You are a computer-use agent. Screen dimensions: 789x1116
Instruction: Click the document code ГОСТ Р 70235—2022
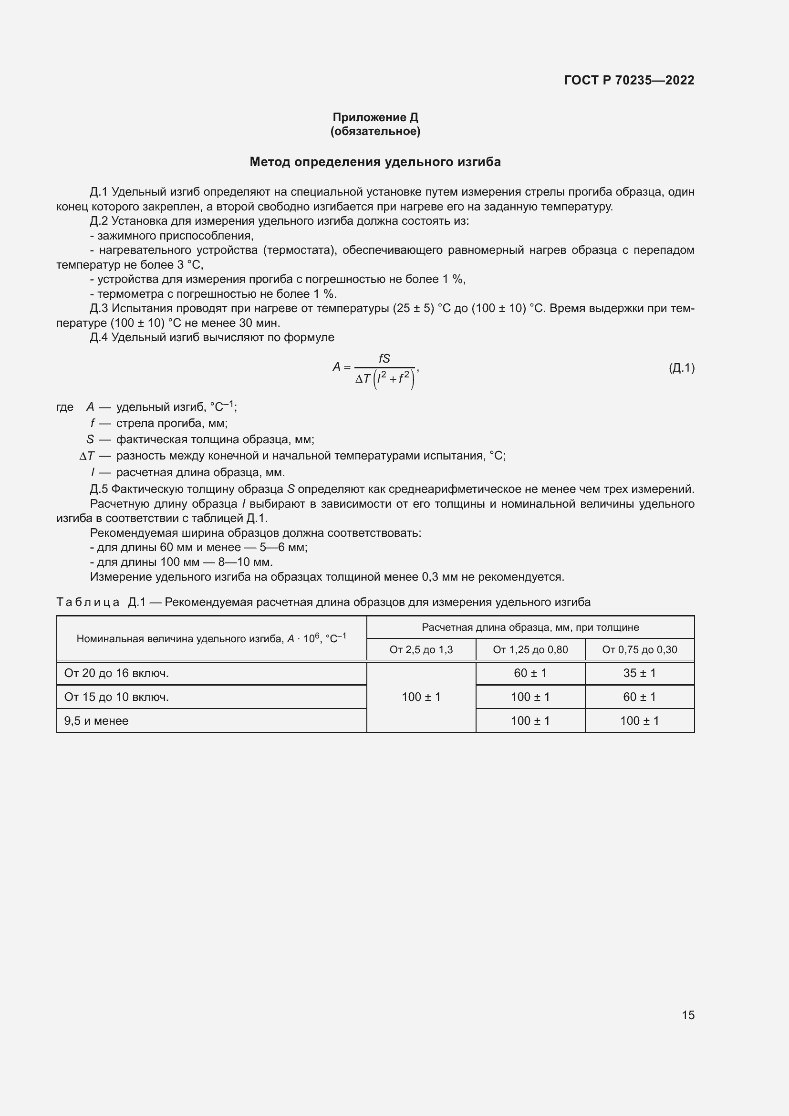pos(629,80)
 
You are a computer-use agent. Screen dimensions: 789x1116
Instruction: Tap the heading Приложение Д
pos(375,117)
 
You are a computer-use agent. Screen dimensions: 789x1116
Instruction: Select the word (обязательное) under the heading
pos(375,131)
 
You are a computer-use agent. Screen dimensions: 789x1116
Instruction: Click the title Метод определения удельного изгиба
pos(375,162)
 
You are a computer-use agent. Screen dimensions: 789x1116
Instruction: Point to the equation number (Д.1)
pos(681,367)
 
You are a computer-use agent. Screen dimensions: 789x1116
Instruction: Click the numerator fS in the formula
pos(384,358)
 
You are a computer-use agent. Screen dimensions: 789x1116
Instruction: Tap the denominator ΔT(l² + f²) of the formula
pos(385,379)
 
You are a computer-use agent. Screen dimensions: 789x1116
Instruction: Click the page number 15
pos(688,1015)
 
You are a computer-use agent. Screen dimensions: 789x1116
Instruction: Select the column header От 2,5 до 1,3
pos(421,649)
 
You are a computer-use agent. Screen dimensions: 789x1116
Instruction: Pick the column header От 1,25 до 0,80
pos(530,649)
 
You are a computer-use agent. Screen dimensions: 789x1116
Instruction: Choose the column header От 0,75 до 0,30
pos(639,649)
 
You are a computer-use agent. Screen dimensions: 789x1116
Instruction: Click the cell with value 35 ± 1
pos(639,673)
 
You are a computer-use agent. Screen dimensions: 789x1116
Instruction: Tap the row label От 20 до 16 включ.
pos(116,673)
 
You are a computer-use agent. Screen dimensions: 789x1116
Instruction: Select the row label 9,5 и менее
pos(96,721)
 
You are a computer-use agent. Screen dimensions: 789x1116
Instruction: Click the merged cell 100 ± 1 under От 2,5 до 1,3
pos(421,697)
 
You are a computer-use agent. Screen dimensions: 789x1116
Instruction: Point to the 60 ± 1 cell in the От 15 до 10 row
pos(639,697)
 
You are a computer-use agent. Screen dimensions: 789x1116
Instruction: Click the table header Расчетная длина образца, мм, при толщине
pos(530,627)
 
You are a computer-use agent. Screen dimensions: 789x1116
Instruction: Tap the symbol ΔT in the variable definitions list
pos(87,456)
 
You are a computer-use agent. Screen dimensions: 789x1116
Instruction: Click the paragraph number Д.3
pos(99,309)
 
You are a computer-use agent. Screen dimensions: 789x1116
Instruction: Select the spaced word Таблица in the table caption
pos(88,602)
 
